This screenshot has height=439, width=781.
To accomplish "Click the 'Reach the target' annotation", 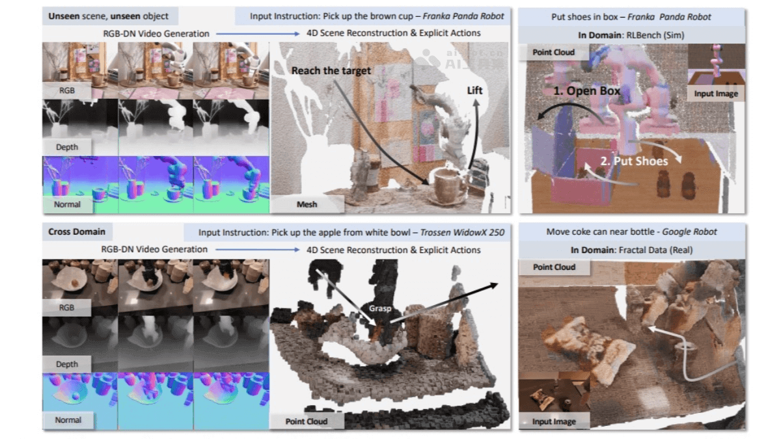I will pyautogui.click(x=331, y=70).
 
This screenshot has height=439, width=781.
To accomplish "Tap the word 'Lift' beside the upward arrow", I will pyautogui.click(x=475, y=90).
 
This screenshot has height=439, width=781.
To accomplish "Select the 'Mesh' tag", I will pyautogui.click(x=307, y=204).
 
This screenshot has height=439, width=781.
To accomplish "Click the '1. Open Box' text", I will pyautogui.click(x=587, y=91).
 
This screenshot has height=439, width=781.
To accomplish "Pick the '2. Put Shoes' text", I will pyautogui.click(x=633, y=161).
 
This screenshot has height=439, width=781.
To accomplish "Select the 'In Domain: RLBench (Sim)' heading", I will pyautogui.click(x=631, y=34).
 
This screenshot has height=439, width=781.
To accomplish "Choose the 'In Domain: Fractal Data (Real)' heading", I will pyautogui.click(x=631, y=250).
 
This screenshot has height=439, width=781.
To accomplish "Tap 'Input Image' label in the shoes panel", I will pyautogui.click(x=716, y=94).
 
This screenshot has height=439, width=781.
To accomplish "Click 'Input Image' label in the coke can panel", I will pyautogui.click(x=554, y=421).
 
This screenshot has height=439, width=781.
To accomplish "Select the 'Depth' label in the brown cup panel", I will pyautogui.click(x=67, y=147).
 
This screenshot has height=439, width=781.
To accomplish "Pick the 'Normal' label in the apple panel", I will pyautogui.click(x=68, y=420).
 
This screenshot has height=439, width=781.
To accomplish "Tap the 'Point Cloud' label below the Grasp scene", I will pyautogui.click(x=306, y=421).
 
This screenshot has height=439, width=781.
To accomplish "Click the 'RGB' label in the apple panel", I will pyautogui.click(x=66, y=308).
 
